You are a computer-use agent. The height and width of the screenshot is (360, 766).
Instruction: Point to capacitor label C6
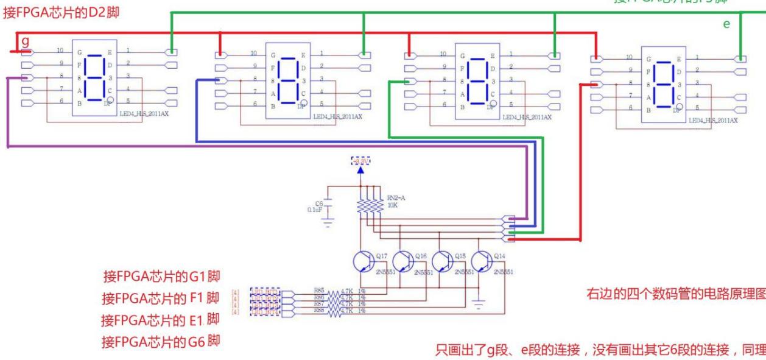pos(318,204)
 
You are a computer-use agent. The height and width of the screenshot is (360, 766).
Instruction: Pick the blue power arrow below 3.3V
pos(360,170)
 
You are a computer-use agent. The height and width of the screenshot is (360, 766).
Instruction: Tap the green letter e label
pos(726,24)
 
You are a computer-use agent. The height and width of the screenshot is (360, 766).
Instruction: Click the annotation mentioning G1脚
pos(160,278)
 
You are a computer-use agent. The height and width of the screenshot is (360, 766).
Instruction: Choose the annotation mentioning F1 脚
pos(160,298)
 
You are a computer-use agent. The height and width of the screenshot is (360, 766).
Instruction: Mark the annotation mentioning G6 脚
pos(160,340)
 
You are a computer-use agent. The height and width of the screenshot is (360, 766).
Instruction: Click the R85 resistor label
pos(319,290)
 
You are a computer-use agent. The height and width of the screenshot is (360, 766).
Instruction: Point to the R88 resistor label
pos(319,309)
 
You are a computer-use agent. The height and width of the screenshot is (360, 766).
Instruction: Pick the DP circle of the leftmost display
pos(110,99)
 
